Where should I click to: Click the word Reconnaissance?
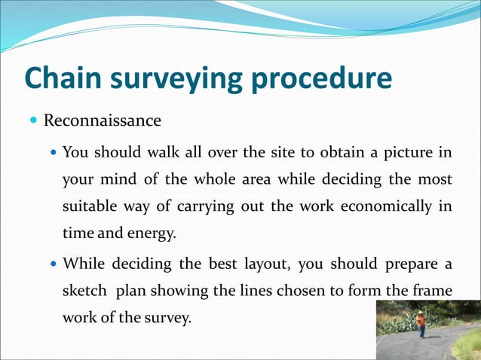click(x=102, y=121)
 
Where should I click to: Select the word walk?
click(x=160, y=153)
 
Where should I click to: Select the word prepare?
click(x=407, y=264)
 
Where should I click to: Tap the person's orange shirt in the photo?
click(x=421, y=320)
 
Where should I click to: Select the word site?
click(x=284, y=153)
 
